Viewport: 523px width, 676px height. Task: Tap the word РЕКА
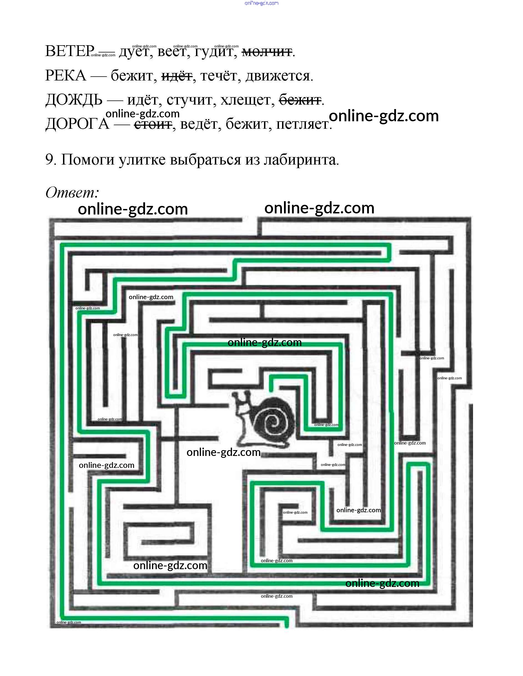[65, 75]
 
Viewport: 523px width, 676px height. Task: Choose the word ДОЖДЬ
[74, 100]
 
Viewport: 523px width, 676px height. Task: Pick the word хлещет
[247, 100]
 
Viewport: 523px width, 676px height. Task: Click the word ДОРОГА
[77, 124]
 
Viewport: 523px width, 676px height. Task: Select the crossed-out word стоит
[153, 124]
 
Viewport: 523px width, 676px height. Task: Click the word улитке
[142, 160]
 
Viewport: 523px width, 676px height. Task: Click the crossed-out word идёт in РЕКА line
[177, 76]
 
